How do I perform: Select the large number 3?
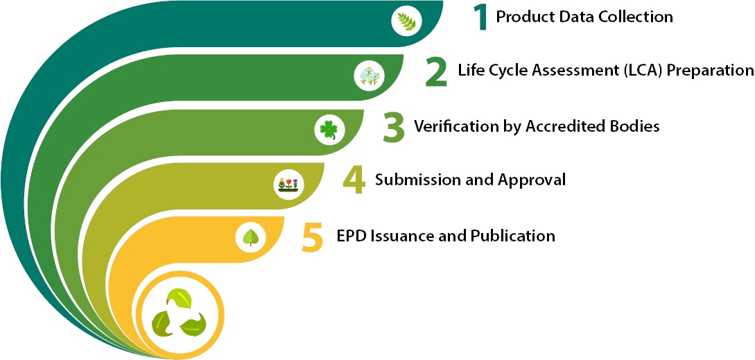pyautogui.click(x=394, y=128)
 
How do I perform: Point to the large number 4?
pyautogui.click(x=354, y=180)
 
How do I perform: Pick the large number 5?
pyautogui.click(x=313, y=237)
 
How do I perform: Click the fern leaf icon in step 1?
pyautogui.click(x=406, y=22)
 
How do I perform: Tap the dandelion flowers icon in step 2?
pyautogui.click(x=369, y=76)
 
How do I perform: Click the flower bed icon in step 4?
pyautogui.click(x=289, y=185)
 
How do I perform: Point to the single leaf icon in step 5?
pyautogui.click(x=250, y=237)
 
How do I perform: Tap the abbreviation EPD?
pyautogui.click(x=352, y=236)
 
